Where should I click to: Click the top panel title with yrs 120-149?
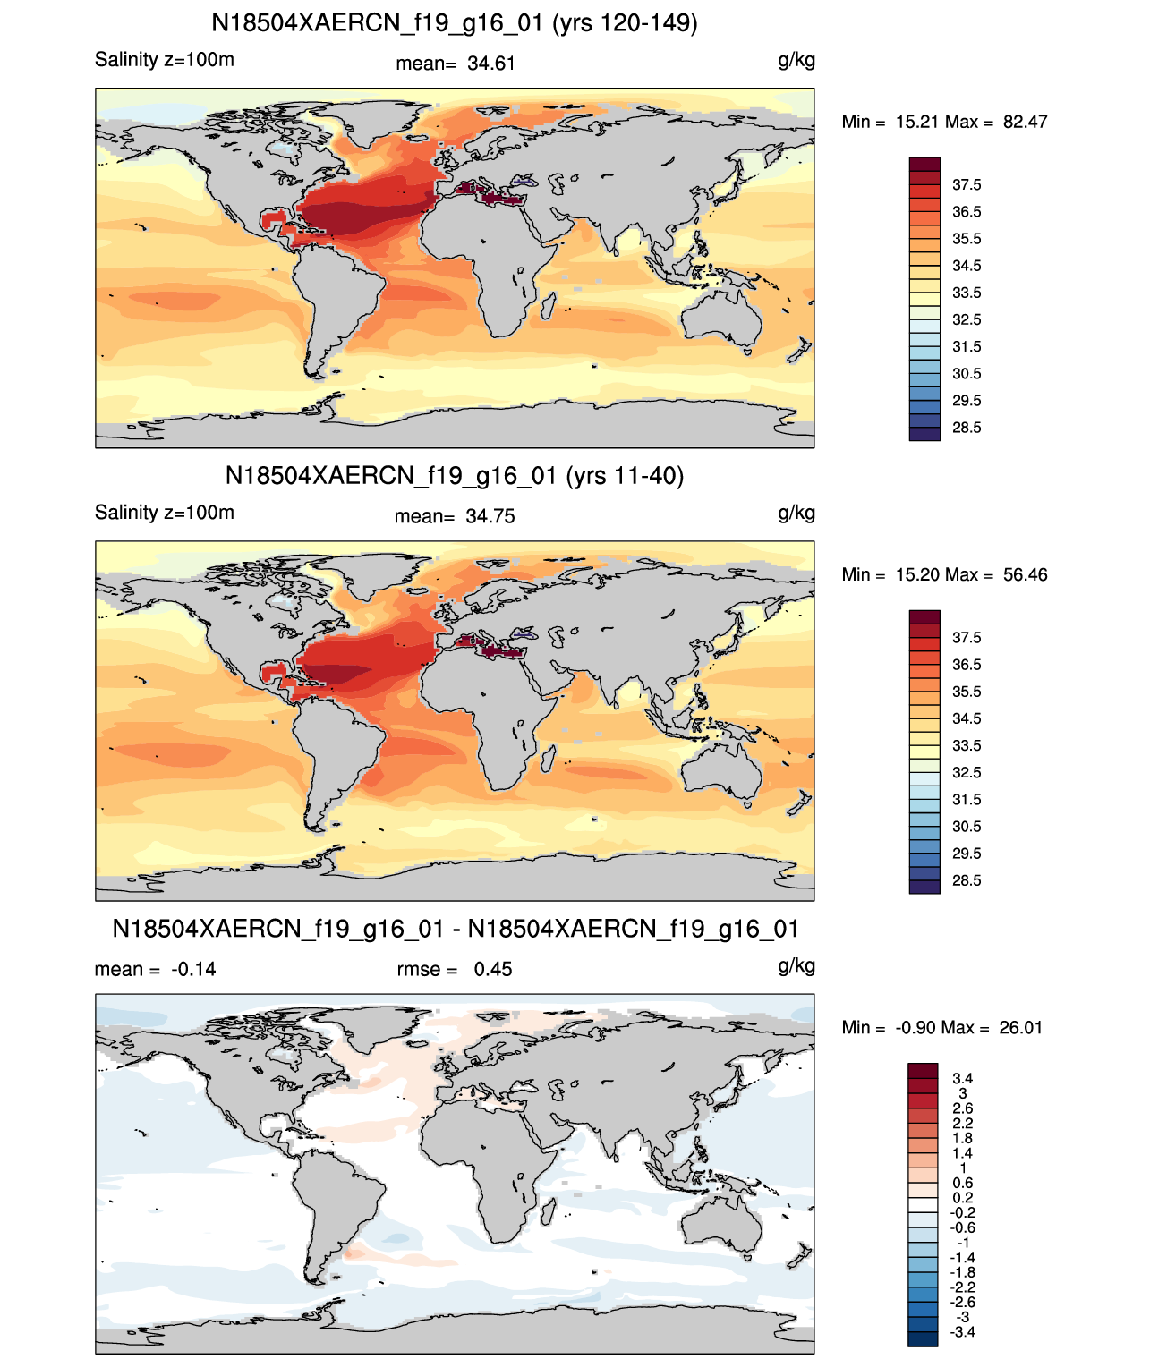454,23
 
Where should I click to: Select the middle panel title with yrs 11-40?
454,475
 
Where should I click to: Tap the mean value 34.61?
490,64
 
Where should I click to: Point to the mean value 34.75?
490,516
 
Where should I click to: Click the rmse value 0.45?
492,969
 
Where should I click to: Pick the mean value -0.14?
193,969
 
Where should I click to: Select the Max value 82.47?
1025,122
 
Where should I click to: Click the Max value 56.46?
1025,574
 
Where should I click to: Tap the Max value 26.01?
1020,1028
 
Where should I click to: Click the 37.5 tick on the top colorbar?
966,185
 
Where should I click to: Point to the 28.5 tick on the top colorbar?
966,428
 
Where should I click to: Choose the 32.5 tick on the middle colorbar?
966,772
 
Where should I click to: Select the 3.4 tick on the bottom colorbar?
962,1078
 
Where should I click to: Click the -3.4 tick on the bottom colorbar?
963,1333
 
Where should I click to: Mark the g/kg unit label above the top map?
796,61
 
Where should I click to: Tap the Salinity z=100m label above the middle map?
165,512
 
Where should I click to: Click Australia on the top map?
722,317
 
